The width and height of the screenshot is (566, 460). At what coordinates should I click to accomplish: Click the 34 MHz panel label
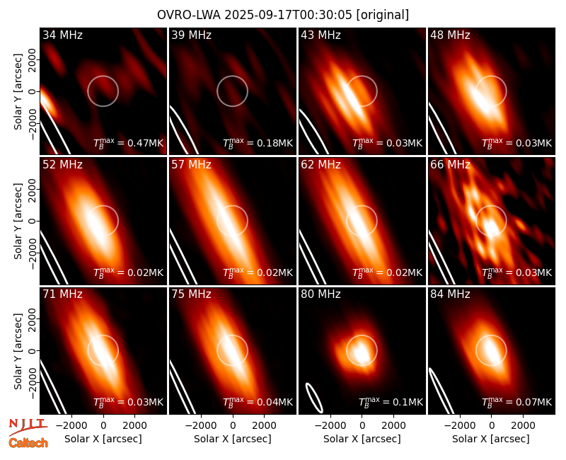click(62, 35)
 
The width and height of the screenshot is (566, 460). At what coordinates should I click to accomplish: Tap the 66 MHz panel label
click(450, 165)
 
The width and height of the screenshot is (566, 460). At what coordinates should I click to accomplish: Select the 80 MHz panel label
click(320, 294)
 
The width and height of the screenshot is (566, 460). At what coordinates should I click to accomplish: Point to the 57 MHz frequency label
click(191, 165)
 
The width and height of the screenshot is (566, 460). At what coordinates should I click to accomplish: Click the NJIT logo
click(28, 426)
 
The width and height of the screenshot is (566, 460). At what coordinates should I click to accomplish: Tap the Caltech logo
click(28, 443)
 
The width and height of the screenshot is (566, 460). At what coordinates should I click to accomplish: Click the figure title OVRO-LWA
click(189, 15)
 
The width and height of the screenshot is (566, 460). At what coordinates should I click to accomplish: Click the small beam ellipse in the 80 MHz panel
click(314, 398)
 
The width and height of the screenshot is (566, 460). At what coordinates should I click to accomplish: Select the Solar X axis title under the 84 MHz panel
click(491, 439)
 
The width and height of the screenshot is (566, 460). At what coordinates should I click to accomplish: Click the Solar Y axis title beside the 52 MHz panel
click(18, 221)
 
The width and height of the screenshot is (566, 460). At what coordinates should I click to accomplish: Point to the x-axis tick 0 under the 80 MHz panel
click(362, 425)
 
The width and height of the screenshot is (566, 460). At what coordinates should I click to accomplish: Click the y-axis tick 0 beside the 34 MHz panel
click(33, 91)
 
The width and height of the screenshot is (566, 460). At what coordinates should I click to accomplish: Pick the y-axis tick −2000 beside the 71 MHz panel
click(33, 383)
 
